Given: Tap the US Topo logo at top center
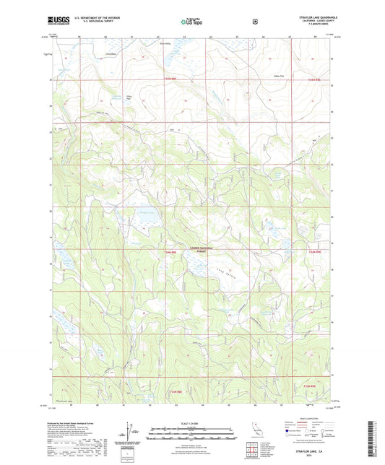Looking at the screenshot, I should (191, 22).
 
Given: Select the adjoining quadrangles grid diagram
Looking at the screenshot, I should (252, 451).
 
